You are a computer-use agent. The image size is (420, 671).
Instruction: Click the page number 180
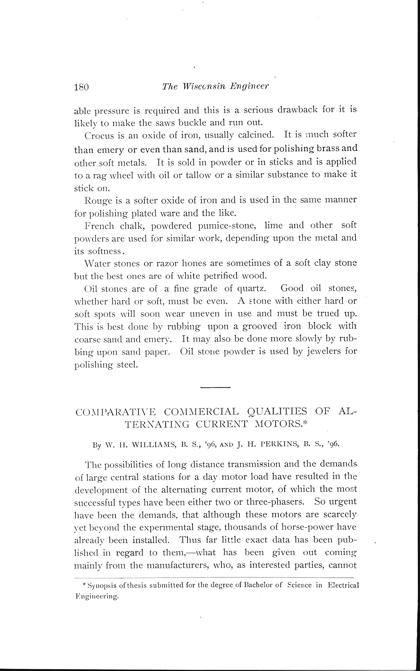point(81,87)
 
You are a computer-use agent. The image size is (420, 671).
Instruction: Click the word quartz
point(252,289)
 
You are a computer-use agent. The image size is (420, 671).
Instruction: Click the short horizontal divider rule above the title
point(215,387)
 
